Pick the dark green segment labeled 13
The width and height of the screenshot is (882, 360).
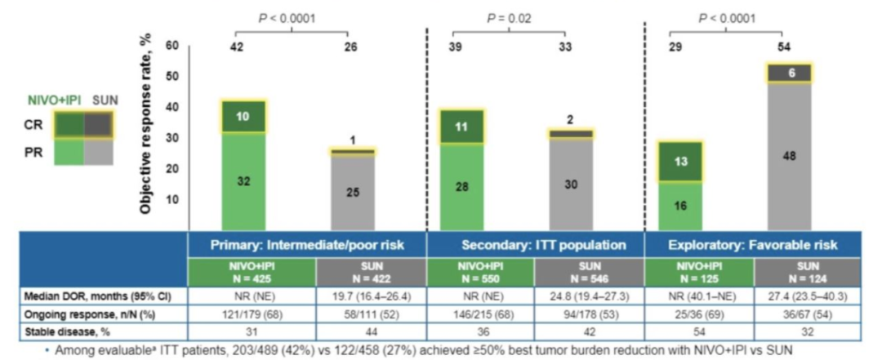pos(680,162)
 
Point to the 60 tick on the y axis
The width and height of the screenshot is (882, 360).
pos(172,47)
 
